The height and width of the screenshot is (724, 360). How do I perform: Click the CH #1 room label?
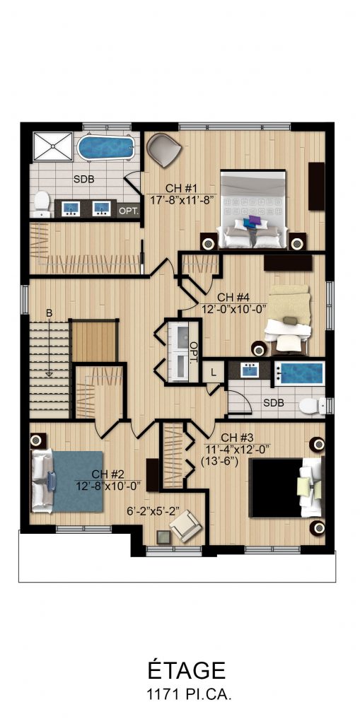(182, 188)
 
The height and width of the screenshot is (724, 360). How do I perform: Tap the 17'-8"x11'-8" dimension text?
(182, 199)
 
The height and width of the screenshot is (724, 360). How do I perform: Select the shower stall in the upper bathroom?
(52, 146)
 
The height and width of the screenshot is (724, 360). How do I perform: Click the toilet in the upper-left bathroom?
(42, 204)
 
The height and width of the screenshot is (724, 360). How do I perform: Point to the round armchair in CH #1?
(163, 149)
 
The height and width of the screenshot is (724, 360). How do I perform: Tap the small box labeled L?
(213, 372)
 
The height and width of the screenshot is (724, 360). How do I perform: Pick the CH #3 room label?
(237, 437)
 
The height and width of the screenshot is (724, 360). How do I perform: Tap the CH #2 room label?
(108, 474)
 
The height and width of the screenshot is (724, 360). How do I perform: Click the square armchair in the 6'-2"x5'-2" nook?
(185, 527)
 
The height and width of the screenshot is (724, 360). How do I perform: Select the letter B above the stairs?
(49, 313)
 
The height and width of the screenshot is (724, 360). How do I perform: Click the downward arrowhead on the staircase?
(49, 374)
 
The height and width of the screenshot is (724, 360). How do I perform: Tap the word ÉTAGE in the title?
(187, 670)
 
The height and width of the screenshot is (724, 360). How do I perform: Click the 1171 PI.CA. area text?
(187, 695)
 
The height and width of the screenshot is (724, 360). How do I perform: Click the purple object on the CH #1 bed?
(252, 221)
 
